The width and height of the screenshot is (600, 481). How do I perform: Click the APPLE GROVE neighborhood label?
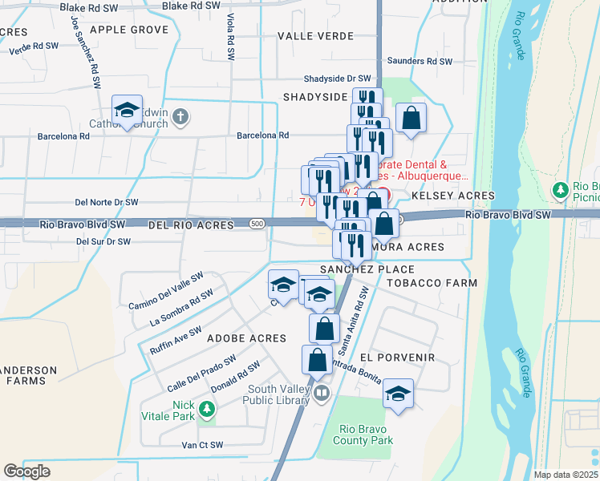tap(129, 30)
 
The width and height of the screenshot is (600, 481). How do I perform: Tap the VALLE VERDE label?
tap(315, 36)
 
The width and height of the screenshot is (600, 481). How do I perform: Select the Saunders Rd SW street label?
tap(420, 61)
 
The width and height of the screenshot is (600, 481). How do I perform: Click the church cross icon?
tap(181, 117)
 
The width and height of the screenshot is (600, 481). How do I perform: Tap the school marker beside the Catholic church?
tap(127, 113)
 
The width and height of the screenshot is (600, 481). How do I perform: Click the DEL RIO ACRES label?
tap(191, 225)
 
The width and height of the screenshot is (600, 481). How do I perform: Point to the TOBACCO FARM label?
tap(432, 283)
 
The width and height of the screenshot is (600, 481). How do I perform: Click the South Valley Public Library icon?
tap(321, 394)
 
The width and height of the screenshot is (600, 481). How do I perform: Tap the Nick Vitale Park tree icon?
tap(207, 410)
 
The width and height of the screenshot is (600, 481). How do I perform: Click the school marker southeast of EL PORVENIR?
tap(397, 394)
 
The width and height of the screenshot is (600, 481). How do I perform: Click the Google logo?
tap(27, 471)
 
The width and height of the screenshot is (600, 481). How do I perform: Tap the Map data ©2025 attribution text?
tap(566, 475)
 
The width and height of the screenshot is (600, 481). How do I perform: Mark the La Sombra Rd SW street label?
tap(181, 309)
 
